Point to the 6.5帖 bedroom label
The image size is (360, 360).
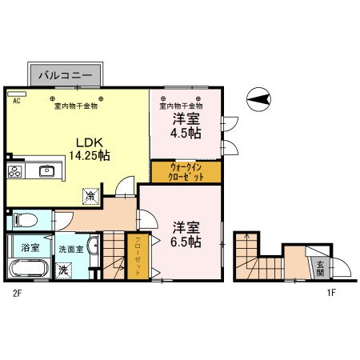tap(186, 233)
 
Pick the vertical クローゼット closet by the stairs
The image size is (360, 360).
tap(138, 256)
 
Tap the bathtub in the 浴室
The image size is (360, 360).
tap(26, 268)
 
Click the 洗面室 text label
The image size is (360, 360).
tap(70, 248)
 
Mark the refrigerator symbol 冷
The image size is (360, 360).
tap(92, 194)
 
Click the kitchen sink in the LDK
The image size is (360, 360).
tap(46, 170)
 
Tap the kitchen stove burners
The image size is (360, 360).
tap(17, 170)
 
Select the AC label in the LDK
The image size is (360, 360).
tap(15, 101)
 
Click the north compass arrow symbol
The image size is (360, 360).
tap(258, 101)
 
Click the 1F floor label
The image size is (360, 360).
tap(330, 294)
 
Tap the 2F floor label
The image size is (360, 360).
tap(15, 294)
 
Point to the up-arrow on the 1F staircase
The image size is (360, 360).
tap(246, 240)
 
